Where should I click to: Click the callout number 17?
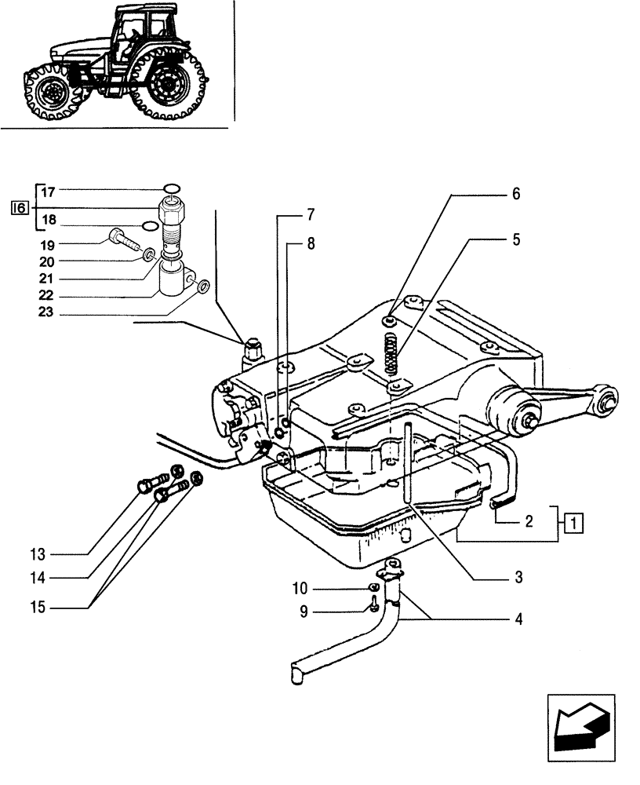coord(48,191)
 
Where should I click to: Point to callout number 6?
coord(516,194)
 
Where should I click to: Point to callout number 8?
coord(311,244)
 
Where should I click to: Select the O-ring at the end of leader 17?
coord(172,188)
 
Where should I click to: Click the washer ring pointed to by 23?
coord(202,287)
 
